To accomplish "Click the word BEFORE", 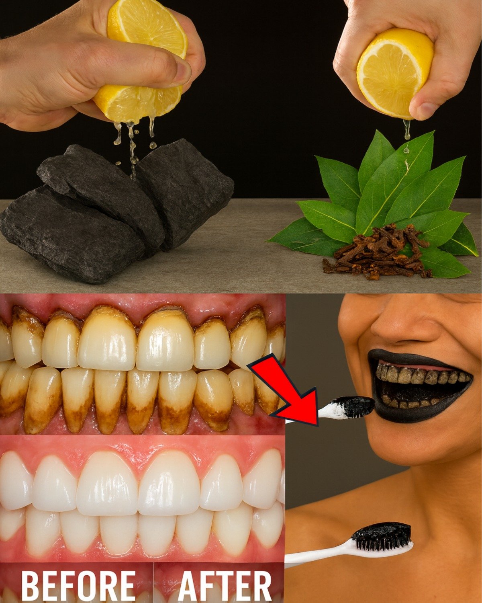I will click(x=78, y=585).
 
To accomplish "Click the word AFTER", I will click(x=225, y=585).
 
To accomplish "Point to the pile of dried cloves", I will click(x=378, y=253).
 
